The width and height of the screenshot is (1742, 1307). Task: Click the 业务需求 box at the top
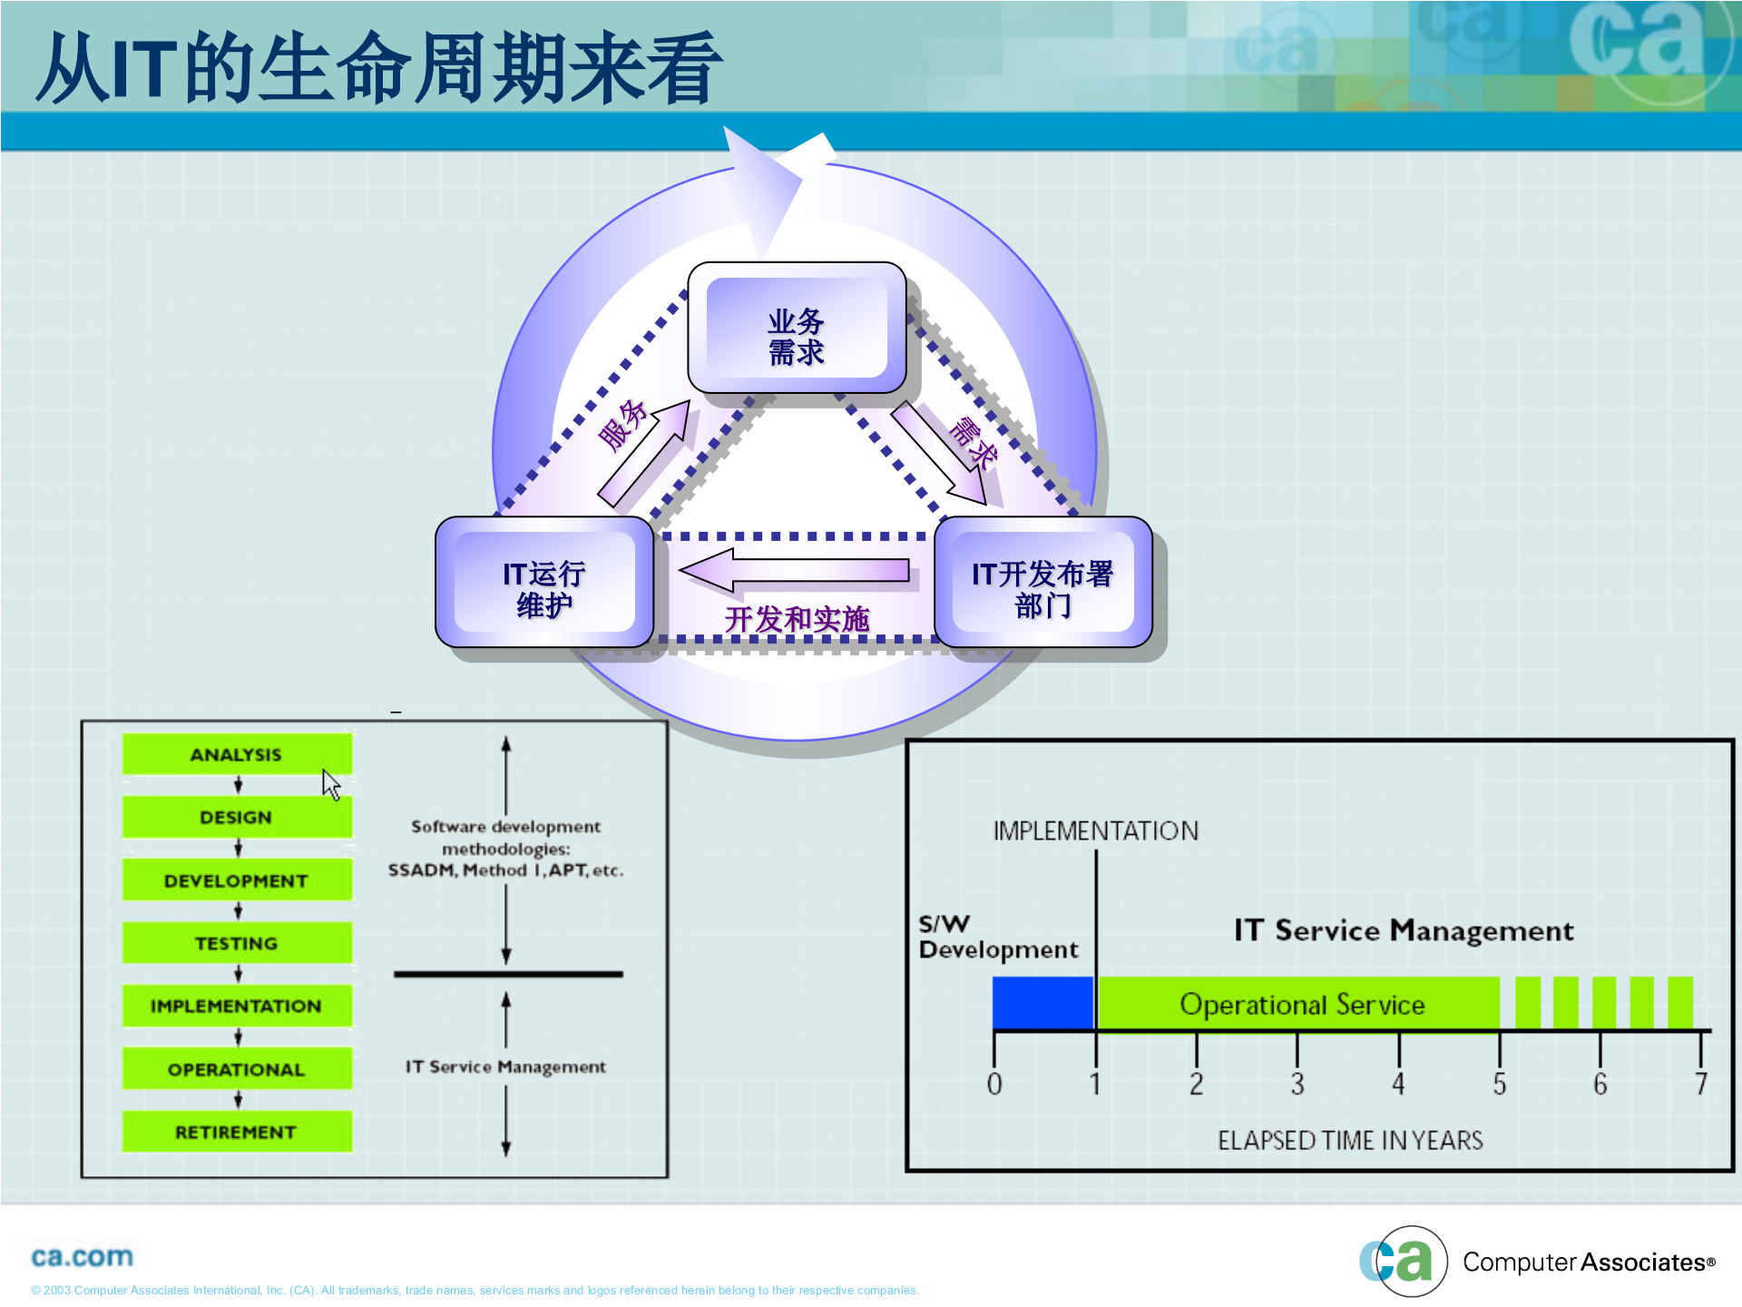pos(797,329)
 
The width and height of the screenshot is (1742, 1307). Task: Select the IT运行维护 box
pos(544,583)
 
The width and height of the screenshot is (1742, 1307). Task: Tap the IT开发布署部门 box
pos(1042,583)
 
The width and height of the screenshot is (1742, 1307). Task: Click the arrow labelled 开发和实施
pos(795,571)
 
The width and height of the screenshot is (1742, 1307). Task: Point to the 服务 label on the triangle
pos(623,425)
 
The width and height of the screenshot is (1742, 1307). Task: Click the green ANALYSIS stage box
pos(237,754)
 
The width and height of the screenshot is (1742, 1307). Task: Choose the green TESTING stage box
pos(237,943)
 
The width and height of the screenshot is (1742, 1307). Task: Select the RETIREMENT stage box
pos(237,1132)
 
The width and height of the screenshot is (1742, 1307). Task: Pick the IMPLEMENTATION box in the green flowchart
pos(237,1006)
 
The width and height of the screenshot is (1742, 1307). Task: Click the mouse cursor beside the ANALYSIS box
pos(331,784)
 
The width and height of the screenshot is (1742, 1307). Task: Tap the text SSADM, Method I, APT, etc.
pos(505,870)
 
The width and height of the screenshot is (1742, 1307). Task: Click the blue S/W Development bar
pos(1043,1003)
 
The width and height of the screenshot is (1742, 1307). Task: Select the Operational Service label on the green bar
pos(1302,1005)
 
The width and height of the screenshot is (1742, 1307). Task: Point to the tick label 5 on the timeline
pos(1500,1084)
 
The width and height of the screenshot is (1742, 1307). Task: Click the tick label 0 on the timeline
pos(994,1084)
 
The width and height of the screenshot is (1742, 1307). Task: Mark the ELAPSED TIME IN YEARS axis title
pos(1350,1141)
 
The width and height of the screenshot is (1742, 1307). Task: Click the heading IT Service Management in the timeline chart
pos(1404,930)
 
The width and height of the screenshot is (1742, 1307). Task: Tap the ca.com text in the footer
pos(82,1257)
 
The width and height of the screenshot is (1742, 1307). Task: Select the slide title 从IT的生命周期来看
pos(379,68)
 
